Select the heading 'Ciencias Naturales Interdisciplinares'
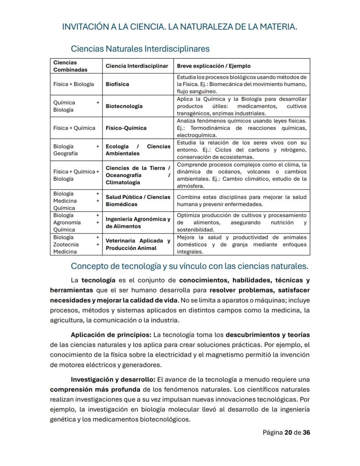140,48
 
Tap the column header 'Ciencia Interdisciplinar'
137,66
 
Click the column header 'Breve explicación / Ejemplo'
213,66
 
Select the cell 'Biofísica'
117,84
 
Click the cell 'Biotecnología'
124,106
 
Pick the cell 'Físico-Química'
126,128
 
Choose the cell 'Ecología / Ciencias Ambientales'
138,150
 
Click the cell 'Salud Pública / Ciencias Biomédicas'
138,201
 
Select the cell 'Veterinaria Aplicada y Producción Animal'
138,244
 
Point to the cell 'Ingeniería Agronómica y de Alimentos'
138,223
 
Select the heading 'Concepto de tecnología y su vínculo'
190,266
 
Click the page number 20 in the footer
288,433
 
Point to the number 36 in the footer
306,433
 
